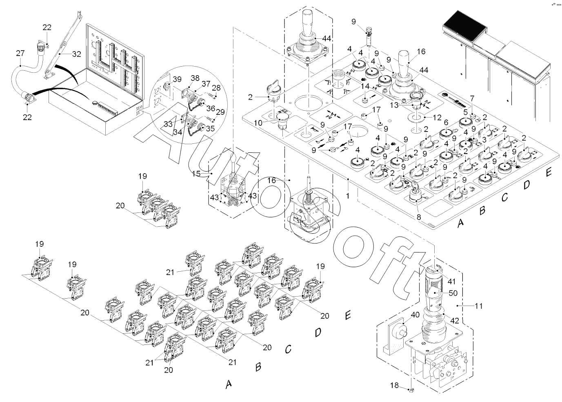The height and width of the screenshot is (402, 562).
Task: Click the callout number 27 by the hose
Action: click(20, 53)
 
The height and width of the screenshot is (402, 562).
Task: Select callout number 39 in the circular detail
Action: click(177, 79)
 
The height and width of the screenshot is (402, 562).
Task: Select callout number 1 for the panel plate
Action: click(347, 195)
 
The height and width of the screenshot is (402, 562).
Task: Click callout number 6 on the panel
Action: click(446, 122)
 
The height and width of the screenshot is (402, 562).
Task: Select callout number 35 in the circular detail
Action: click(210, 128)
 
